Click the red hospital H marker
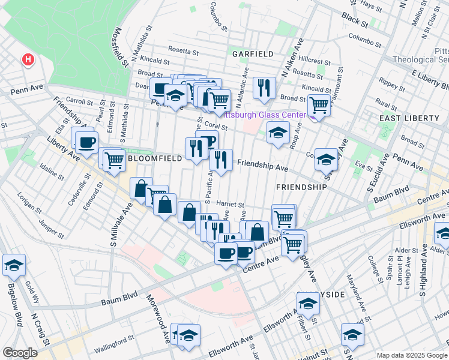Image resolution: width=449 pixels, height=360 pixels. pyautogui.click(x=27, y=59)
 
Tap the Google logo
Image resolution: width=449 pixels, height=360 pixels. pyautogui.click(x=20, y=353)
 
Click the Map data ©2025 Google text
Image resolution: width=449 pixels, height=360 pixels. pyautogui.click(x=411, y=355)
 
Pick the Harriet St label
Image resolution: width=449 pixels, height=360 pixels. pyautogui.click(x=230, y=204)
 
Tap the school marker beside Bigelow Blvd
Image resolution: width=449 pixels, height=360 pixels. pyautogui.click(x=14, y=265)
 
